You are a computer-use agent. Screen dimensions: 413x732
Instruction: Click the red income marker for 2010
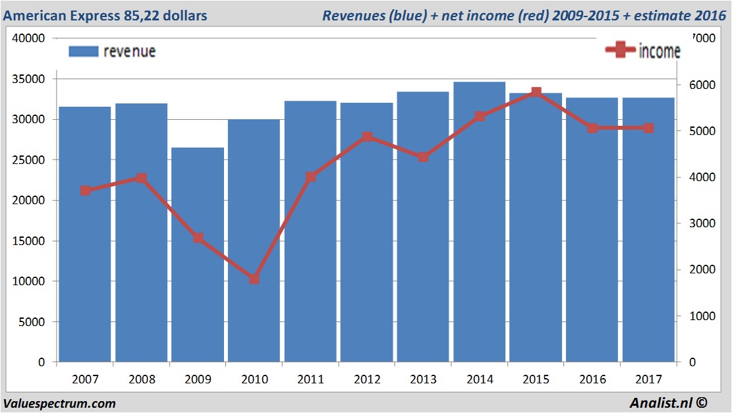pyautogui.click(x=254, y=279)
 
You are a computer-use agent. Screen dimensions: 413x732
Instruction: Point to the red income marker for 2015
pyautogui.click(x=536, y=92)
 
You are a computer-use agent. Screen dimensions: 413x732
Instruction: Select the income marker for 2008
pyautogui.click(x=141, y=178)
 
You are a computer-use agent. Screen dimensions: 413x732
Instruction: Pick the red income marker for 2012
pyautogui.click(x=367, y=137)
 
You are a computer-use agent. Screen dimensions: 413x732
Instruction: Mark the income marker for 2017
pyautogui.click(x=648, y=128)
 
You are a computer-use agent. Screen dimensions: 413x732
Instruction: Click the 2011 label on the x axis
pyautogui.click(x=310, y=380)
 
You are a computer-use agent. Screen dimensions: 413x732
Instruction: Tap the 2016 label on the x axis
pyautogui.click(x=592, y=380)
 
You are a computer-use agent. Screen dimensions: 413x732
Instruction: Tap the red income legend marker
pyautogui.click(x=619, y=51)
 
